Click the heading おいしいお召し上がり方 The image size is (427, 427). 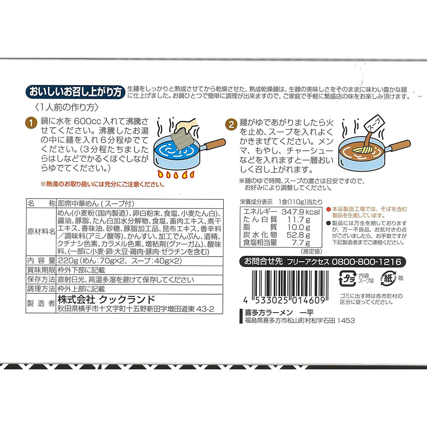pyautogui.click(x=75, y=92)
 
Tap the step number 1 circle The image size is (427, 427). pyautogui.click(x=31, y=123)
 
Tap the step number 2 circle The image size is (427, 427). pyautogui.click(x=231, y=124)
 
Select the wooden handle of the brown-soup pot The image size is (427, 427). pyautogui.click(x=401, y=145)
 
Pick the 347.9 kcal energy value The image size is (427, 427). pyautogui.click(x=301, y=212)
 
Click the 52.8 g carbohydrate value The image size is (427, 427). pyautogui.click(x=298, y=235)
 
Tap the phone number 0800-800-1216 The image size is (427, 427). pyautogui.click(x=366, y=262)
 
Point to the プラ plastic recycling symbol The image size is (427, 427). pyautogui.click(x=347, y=278)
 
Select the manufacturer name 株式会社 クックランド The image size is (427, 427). pyautogui.click(x=106, y=300)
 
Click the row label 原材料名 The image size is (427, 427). pyautogui.click(x=41, y=232)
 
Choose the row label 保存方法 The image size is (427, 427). pyautogui.click(x=41, y=279)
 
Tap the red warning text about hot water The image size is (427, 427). pyautogui.click(x=103, y=184)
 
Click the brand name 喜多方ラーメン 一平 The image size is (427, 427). pyautogui.click(x=279, y=313)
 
